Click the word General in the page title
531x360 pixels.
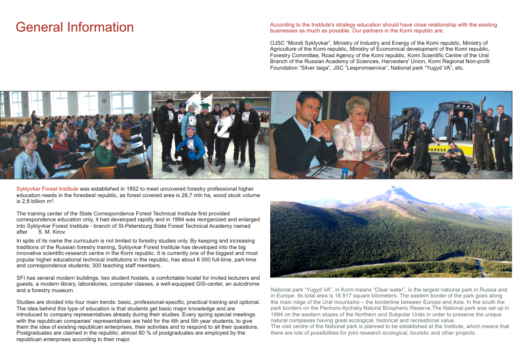39,27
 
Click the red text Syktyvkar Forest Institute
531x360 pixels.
47,188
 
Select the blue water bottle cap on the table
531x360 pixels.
343,170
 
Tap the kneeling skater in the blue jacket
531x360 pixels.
190,148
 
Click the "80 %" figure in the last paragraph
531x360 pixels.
156,333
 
